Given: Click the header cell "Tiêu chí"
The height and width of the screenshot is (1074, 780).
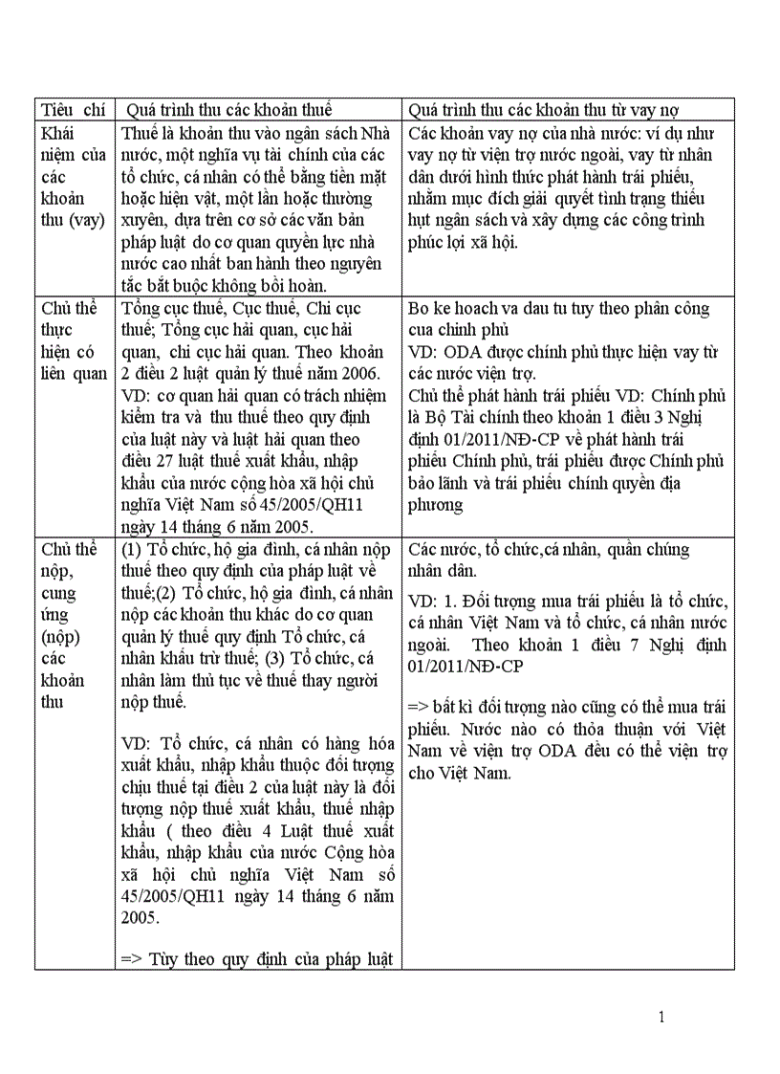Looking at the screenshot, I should pyautogui.click(x=73, y=110).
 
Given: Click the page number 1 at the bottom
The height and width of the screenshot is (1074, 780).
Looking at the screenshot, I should pyautogui.click(x=661, y=1017).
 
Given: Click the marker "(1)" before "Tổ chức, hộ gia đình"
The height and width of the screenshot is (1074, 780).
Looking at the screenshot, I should pyautogui.click(x=134, y=550).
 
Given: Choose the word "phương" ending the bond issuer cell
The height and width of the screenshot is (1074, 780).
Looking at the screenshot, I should pyautogui.click(x=435, y=505).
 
